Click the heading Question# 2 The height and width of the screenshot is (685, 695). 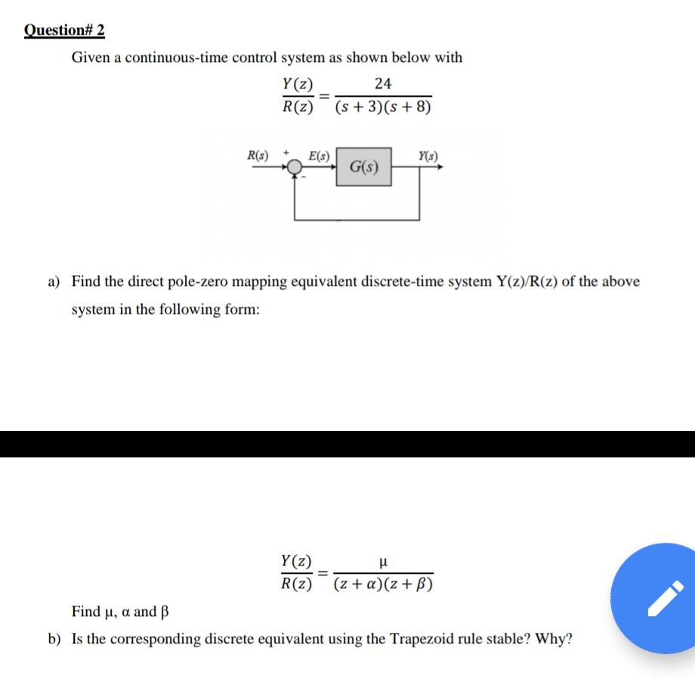(x=64, y=30)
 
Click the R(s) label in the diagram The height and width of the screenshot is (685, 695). (x=258, y=157)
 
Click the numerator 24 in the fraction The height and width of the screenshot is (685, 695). (x=383, y=83)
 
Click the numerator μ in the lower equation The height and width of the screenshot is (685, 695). (x=383, y=562)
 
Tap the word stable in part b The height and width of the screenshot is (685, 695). (x=486, y=639)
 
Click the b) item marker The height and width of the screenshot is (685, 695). (x=54, y=639)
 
